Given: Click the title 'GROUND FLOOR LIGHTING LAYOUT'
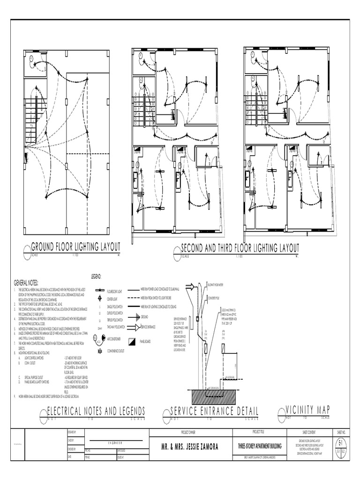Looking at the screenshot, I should tap(75, 247).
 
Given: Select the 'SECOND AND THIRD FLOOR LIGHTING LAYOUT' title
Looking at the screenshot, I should tap(240, 247).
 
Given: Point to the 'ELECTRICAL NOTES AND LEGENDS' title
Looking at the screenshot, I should tap(96, 411).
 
